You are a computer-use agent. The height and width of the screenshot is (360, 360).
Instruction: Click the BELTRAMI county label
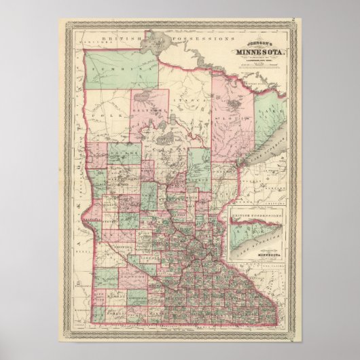pos(150,109)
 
